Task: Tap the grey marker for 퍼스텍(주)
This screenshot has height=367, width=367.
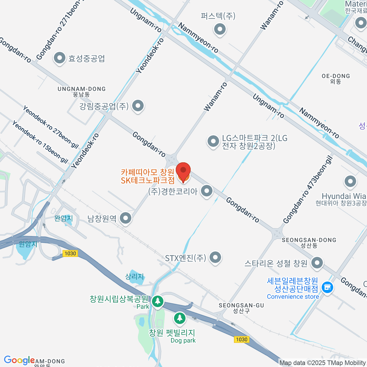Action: [x=220, y=29]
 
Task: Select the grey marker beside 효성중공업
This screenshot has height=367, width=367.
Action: [x=59, y=58]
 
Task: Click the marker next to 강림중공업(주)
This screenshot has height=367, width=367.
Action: [x=138, y=106]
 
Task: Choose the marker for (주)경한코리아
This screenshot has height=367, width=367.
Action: [x=207, y=191]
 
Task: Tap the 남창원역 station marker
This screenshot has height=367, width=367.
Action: [x=125, y=218]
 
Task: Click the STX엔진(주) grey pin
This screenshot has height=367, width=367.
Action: [x=215, y=258]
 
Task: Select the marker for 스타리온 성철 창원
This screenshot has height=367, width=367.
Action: [x=317, y=263]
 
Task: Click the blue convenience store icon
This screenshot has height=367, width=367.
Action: [x=327, y=287]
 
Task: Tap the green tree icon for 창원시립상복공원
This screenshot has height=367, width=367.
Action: [x=158, y=301]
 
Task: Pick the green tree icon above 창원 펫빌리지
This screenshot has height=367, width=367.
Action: [x=180, y=318]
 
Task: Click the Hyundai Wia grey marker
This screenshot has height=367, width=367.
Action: [x=350, y=182]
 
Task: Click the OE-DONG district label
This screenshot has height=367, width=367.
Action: [x=336, y=78]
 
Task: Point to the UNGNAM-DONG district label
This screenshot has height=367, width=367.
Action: [x=82, y=91]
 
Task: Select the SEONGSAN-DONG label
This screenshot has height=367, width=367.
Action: [x=309, y=242]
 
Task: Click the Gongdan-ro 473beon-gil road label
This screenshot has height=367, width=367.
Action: [x=307, y=190]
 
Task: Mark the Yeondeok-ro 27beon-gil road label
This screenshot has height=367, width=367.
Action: [x=51, y=127]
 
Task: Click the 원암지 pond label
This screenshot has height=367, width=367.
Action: [x=28, y=244]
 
